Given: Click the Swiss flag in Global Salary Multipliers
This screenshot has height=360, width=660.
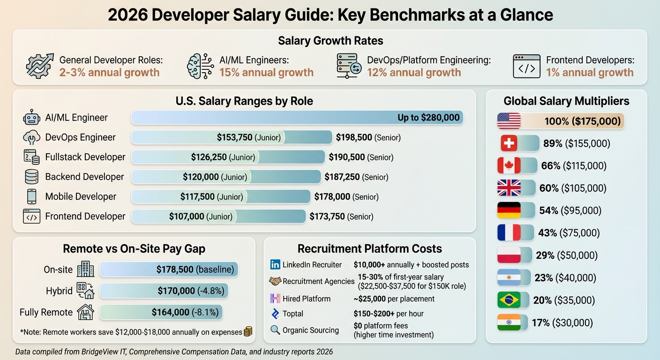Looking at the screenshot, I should coord(509,143).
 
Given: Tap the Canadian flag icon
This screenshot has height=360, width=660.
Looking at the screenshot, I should coord(509,165).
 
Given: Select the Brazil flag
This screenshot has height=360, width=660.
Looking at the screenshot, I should coord(509,300).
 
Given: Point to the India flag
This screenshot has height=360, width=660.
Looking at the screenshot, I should coord(509,322).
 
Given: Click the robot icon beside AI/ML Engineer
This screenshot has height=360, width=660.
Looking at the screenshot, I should coord(31,118).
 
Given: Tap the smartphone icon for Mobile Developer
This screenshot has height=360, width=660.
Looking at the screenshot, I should coord(31,196).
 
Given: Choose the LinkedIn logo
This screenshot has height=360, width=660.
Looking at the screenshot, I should coord(275,265).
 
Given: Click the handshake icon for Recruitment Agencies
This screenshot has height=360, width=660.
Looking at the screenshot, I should coord(275,281).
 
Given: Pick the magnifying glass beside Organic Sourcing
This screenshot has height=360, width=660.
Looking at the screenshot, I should coord(275,330).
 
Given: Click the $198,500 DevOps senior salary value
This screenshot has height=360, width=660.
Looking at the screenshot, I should coord(354,137).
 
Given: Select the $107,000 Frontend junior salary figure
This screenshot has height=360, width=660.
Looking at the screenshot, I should coord(187,217).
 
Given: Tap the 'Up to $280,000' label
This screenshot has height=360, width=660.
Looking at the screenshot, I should coord(428,118).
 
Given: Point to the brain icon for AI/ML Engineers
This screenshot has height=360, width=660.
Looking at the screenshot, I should coord(200,66).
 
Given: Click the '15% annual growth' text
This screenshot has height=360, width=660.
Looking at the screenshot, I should coord(266,73).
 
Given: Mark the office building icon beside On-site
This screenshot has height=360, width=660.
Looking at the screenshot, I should coord(85,269).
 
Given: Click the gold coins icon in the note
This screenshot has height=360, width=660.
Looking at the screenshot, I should coord(248,332).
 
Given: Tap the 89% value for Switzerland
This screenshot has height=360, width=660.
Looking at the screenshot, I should coord(552,143).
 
